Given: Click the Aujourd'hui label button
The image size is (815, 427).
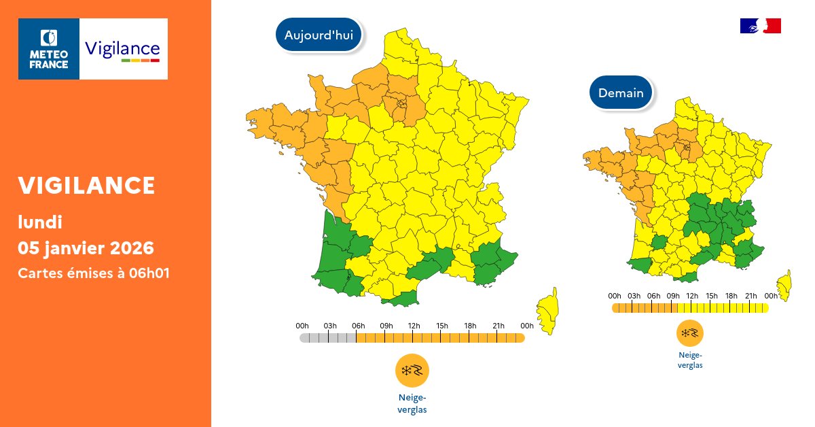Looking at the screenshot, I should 319,35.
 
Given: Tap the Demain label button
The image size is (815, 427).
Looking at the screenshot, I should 621,92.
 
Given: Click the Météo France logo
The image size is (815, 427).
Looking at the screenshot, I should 49,49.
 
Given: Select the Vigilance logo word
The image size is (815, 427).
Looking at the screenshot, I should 122,50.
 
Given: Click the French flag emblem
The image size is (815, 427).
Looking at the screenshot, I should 760,26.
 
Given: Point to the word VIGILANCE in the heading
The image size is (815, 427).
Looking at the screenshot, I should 86,185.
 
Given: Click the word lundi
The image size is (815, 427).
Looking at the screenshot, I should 40,222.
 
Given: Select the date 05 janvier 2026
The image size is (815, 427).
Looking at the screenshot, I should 86,247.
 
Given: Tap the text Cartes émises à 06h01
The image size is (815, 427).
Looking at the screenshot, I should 93,273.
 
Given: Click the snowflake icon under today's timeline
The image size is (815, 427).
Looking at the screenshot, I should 412,371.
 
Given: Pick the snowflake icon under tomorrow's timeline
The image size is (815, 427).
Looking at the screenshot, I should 689,333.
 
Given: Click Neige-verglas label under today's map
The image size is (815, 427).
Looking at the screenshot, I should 412,403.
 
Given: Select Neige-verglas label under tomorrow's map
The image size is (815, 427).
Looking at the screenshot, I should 689,360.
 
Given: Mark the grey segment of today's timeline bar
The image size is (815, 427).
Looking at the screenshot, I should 328,338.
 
